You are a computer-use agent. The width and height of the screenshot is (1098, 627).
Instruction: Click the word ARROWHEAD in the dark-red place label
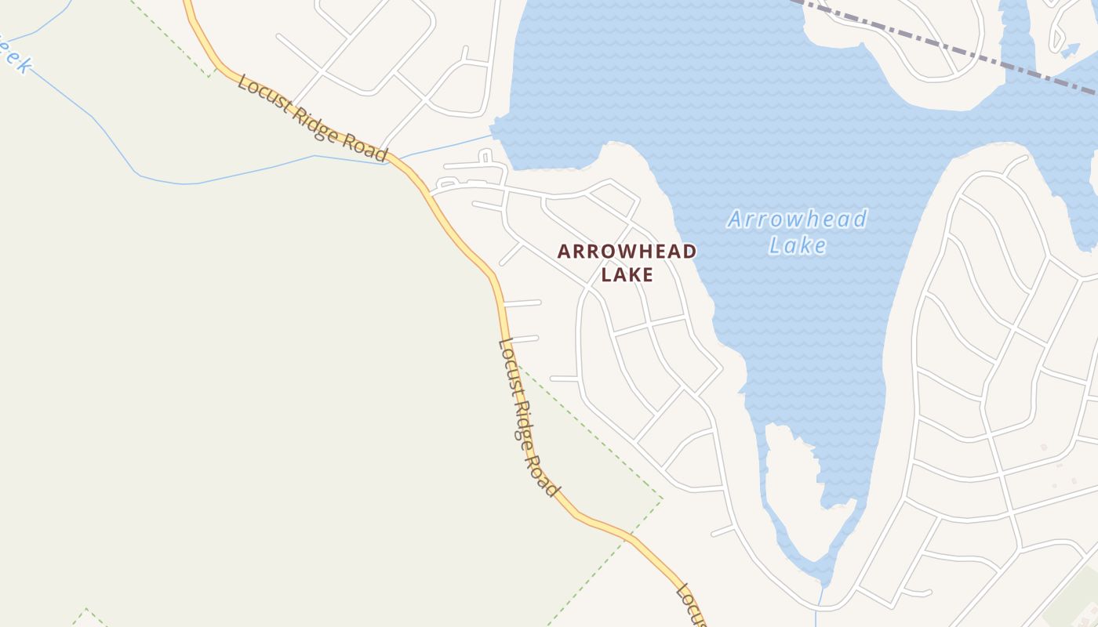[627, 252]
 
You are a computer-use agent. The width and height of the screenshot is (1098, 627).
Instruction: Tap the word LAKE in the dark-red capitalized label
[627, 274]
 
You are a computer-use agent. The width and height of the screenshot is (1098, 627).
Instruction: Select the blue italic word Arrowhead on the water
[797, 219]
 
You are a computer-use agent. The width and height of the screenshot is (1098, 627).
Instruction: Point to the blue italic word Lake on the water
[797, 245]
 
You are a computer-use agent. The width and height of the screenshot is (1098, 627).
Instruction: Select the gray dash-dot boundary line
[941, 43]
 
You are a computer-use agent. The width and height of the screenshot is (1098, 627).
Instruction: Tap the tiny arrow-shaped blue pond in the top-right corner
[1070, 49]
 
